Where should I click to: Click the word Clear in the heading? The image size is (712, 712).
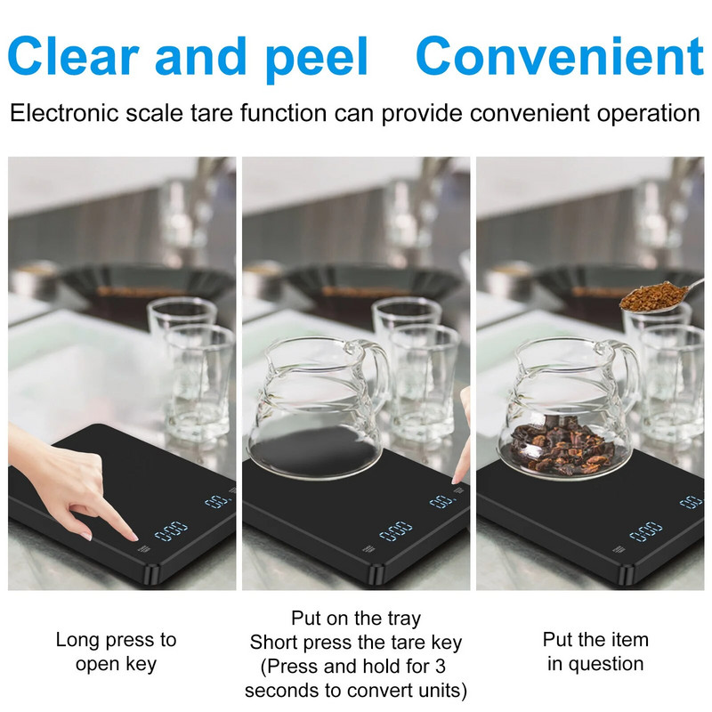tap(73, 56)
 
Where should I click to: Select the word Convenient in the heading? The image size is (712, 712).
tap(560, 56)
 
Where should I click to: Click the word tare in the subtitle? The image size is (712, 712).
tap(213, 113)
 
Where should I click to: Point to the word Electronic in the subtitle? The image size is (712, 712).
tap(64, 113)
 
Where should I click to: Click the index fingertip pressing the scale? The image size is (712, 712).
tap(132, 538)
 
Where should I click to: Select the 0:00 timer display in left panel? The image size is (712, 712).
tap(171, 530)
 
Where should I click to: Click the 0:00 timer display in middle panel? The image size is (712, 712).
tap(395, 530)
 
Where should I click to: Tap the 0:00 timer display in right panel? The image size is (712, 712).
tap(646, 531)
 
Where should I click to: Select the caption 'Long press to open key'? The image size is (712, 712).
tap(116, 651)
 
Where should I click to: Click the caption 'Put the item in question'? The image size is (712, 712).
tap(595, 651)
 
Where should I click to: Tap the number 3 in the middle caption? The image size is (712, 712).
tap(440, 666)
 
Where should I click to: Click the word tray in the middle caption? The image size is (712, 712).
tap(404, 619)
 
